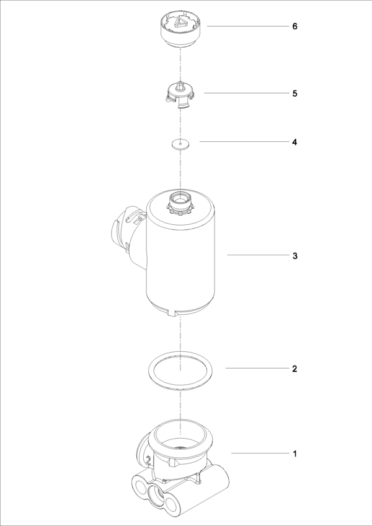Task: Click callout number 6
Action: (294, 26)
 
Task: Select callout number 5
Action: (294, 94)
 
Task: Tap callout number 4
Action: (294, 142)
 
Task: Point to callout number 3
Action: (294, 256)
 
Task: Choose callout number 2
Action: (294, 369)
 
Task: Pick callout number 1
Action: (294, 454)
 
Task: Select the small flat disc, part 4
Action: (180, 144)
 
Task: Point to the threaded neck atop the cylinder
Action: (180, 203)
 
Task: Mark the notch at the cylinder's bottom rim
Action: (171, 313)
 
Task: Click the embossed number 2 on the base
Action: (148, 460)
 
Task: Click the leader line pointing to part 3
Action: (258, 255)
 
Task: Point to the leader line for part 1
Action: (260, 454)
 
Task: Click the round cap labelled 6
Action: (180, 31)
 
